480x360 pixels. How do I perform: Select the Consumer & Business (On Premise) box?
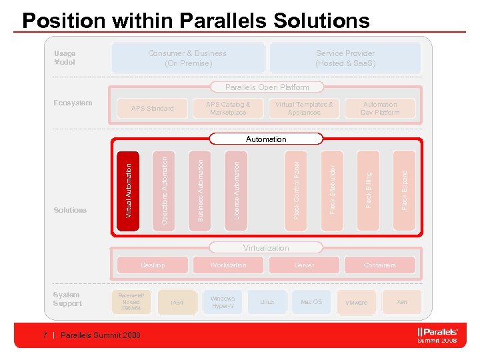pos(187,58)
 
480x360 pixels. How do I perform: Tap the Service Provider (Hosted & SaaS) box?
pos(345,58)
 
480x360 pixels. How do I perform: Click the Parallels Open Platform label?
pos(267,87)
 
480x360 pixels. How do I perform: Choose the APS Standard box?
pos(152,109)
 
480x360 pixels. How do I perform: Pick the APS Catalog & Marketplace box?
pos(228,109)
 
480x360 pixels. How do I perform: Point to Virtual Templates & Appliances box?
pos(304,109)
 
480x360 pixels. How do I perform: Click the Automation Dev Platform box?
pos(380,109)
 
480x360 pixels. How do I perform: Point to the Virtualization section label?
pos(266,248)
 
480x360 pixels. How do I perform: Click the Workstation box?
pos(228,265)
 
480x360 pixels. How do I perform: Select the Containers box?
pos(380,265)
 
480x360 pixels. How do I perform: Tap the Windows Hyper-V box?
pos(223,302)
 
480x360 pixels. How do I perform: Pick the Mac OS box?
pos(311,302)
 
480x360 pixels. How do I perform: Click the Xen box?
pos(401,302)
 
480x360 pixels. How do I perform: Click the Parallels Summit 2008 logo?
pos(437,335)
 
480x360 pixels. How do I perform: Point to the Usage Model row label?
pos(65,58)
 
